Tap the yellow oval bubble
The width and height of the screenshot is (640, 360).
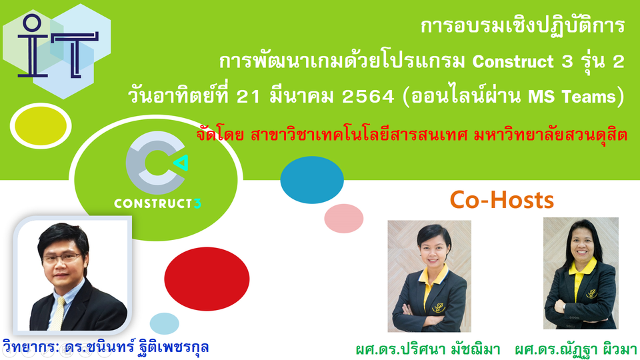tap(41, 126)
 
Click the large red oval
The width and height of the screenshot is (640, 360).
tap(207, 279)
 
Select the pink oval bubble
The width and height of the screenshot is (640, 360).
tap(344, 219)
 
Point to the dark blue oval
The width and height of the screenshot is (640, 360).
tap(312, 179)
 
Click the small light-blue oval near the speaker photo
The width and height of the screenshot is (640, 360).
tap(165, 324)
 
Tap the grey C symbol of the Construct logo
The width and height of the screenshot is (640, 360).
tap(153, 163)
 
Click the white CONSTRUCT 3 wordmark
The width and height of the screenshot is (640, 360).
tap(157, 203)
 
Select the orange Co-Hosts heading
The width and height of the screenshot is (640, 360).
tap(501, 200)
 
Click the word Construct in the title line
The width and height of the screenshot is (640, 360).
tap(513, 61)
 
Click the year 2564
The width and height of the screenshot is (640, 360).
tap(368, 97)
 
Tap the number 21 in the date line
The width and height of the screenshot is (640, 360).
tap(248, 97)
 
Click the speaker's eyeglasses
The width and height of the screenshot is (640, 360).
tap(62, 258)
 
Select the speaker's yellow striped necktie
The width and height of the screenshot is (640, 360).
tap(57, 313)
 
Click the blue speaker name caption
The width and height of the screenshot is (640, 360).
tap(106, 347)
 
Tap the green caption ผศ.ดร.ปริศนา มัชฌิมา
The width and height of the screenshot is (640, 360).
tap(428, 349)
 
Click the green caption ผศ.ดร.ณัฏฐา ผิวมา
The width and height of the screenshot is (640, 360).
tap(576, 349)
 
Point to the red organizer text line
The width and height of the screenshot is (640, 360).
tap(411, 135)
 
